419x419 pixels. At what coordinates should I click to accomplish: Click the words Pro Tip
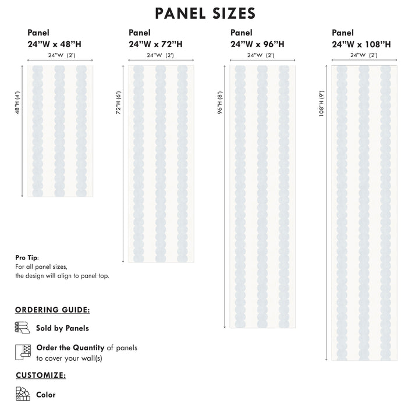[x=26, y=257]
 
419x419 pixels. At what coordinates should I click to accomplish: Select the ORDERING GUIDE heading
[x=52, y=310]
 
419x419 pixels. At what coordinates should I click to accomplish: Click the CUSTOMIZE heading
[x=40, y=375]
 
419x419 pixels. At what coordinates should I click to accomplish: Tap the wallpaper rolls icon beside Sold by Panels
[x=22, y=328]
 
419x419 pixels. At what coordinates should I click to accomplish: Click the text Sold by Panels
[x=62, y=328]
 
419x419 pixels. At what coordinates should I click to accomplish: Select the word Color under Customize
[x=46, y=395]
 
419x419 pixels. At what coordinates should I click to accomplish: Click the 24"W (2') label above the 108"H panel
[x=364, y=55]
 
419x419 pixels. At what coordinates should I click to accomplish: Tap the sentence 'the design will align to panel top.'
[x=62, y=276]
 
